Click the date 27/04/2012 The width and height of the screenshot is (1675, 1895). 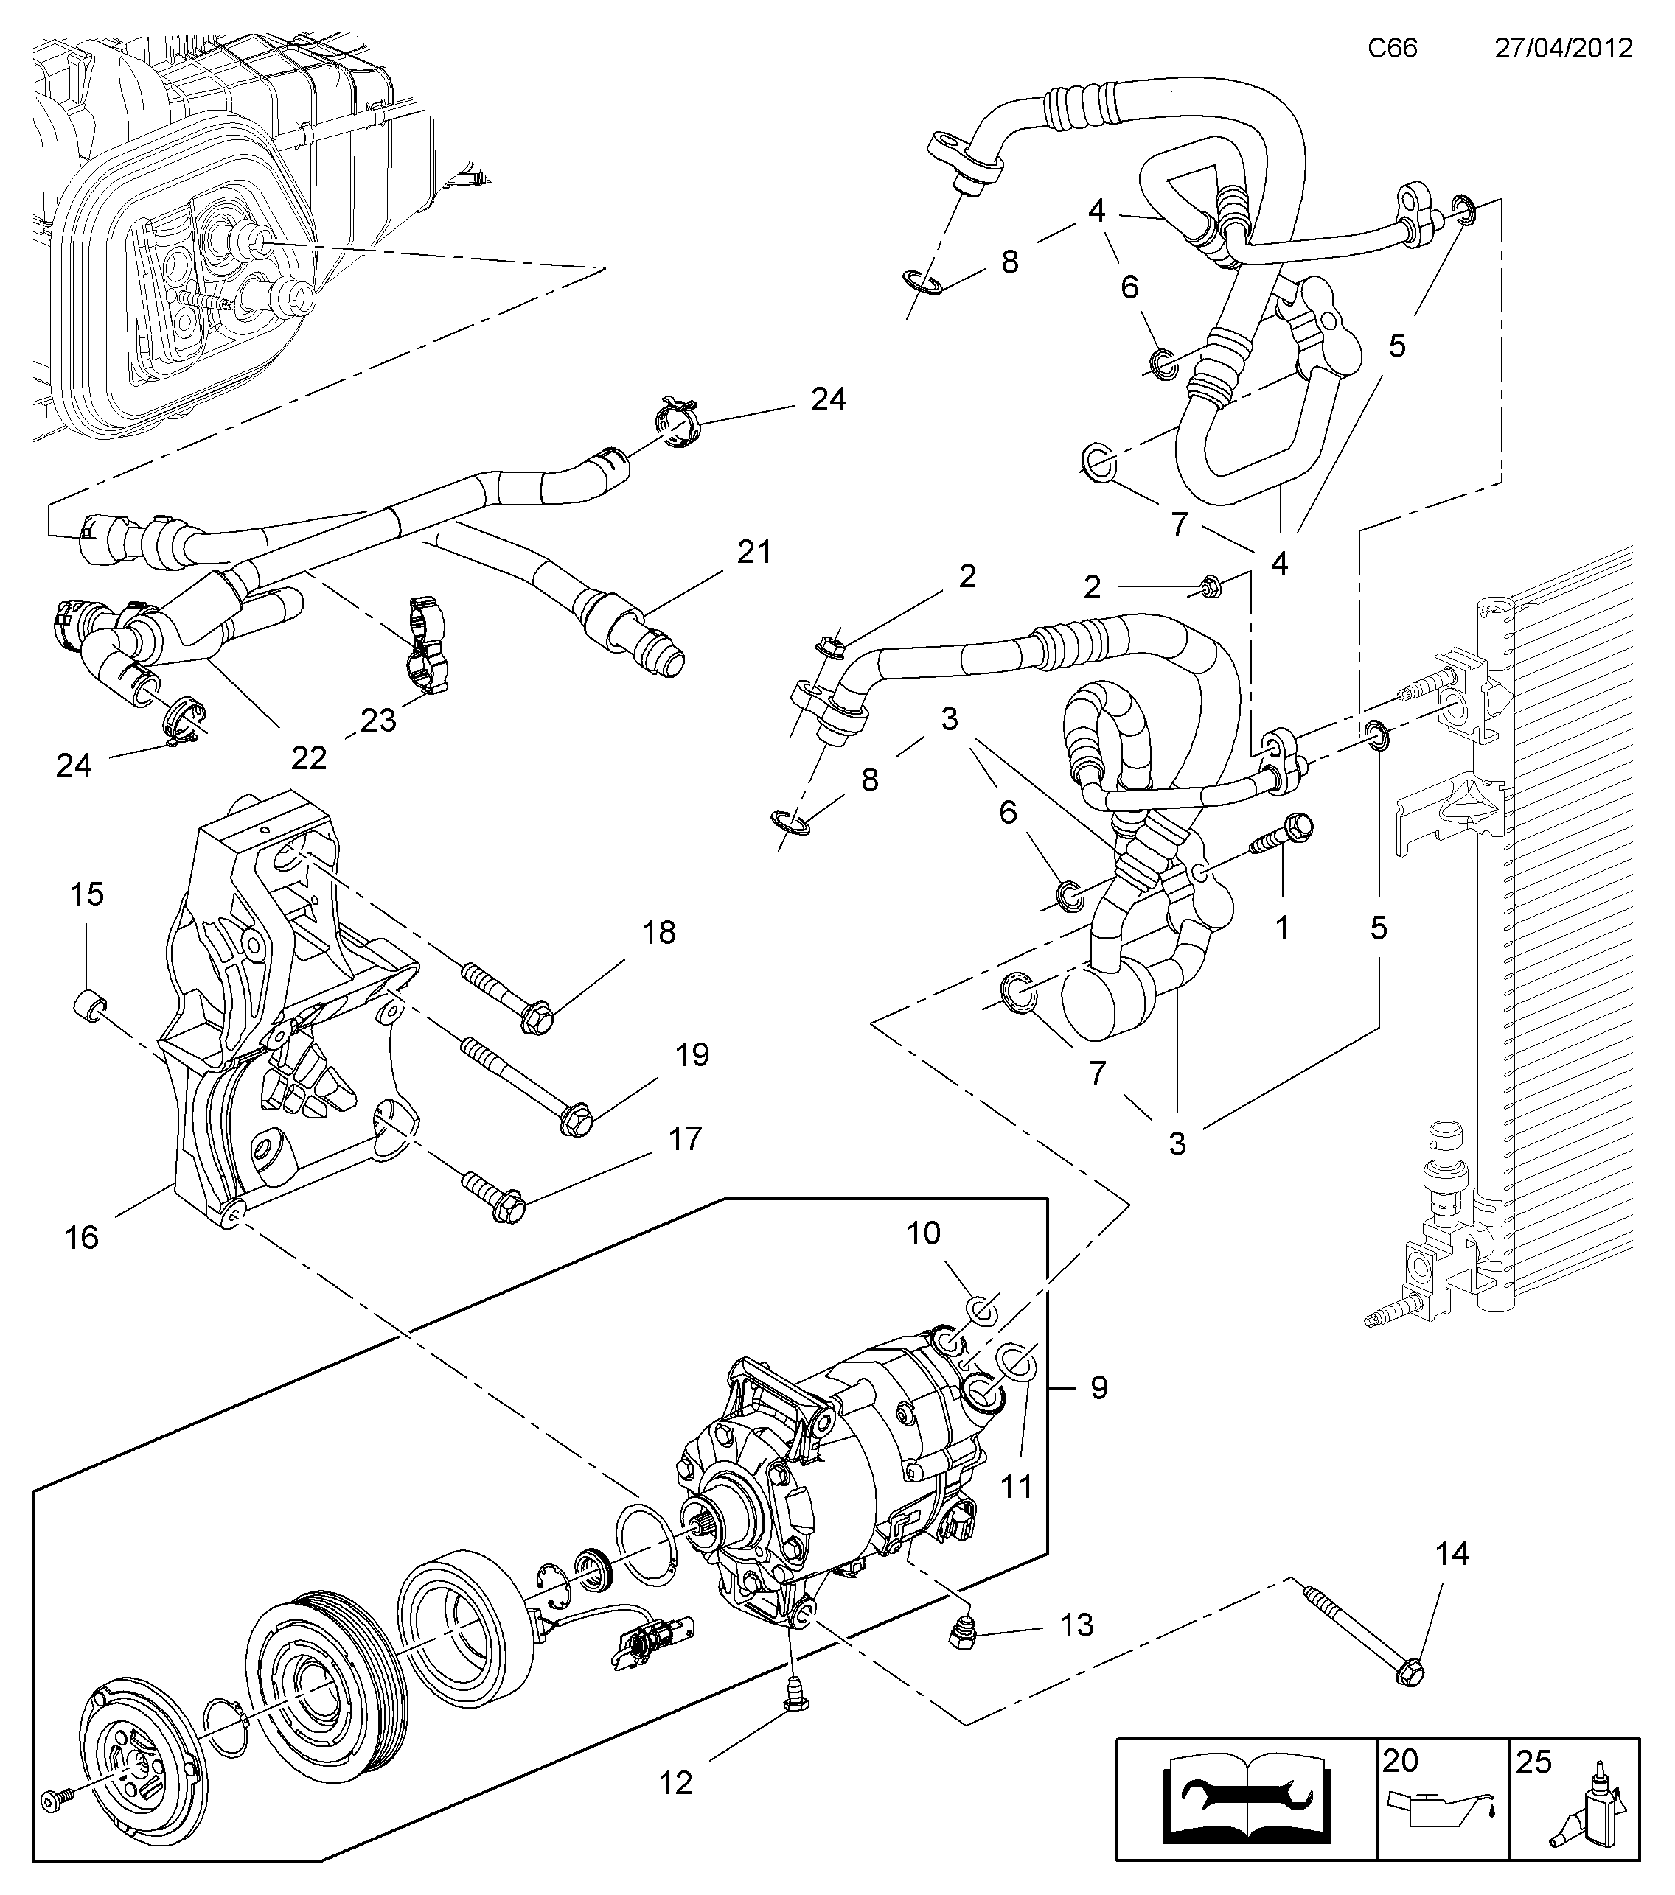[1563, 47]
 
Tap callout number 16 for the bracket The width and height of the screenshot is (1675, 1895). [82, 1237]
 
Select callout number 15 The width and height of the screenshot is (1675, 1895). [86, 894]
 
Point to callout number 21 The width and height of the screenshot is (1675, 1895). [754, 553]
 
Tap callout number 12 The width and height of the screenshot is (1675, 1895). [675, 1783]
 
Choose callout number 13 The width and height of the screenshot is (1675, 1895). [1077, 1625]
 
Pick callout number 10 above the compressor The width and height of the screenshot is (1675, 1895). [924, 1233]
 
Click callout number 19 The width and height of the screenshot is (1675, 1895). [692, 1055]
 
